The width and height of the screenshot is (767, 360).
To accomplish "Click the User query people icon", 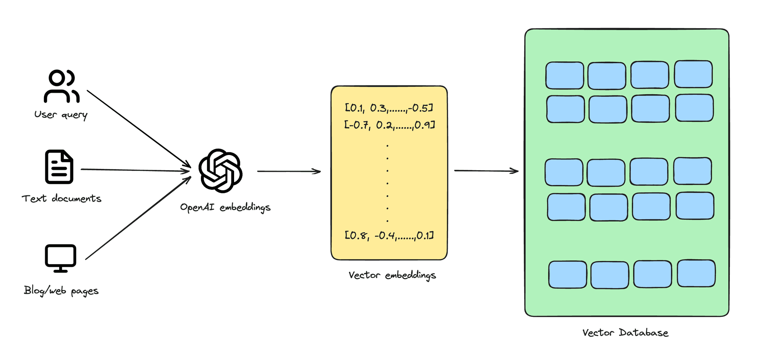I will pyautogui.click(x=62, y=86).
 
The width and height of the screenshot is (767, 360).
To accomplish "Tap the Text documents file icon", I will pyautogui.click(x=59, y=167).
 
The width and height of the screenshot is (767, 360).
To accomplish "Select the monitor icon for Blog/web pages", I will pyautogui.click(x=60, y=258).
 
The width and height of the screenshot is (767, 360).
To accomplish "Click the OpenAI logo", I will pyautogui.click(x=221, y=171).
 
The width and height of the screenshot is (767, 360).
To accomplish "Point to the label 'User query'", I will pyautogui.click(x=61, y=115).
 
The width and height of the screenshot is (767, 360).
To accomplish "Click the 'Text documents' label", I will pyautogui.click(x=62, y=199).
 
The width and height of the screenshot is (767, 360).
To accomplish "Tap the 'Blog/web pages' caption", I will pyautogui.click(x=61, y=290).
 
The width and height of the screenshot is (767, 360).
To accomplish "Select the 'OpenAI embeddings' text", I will pyautogui.click(x=225, y=207).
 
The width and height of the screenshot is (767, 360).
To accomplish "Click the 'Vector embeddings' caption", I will pyautogui.click(x=392, y=275).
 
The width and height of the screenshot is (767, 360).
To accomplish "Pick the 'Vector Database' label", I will pyautogui.click(x=625, y=333).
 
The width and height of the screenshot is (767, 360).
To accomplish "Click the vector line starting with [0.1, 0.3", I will pyautogui.click(x=389, y=108).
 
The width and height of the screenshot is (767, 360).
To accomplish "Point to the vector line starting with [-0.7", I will pyautogui.click(x=389, y=125).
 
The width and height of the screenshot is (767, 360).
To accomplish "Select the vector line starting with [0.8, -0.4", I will pyautogui.click(x=389, y=235).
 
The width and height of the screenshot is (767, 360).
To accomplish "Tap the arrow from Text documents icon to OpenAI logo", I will pyautogui.click(x=136, y=170).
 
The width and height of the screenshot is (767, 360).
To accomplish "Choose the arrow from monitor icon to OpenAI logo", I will pyautogui.click(x=138, y=218).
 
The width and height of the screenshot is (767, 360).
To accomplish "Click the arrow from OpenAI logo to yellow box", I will pyautogui.click(x=288, y=171).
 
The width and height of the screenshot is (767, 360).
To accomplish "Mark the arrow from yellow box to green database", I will pyautogui.click(x=486, y=171).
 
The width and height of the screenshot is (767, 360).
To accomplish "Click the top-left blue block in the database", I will pyautogui.click(x=564, y=75).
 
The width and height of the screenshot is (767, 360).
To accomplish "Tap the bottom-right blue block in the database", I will pyautogui.click(x=696, y=273).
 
